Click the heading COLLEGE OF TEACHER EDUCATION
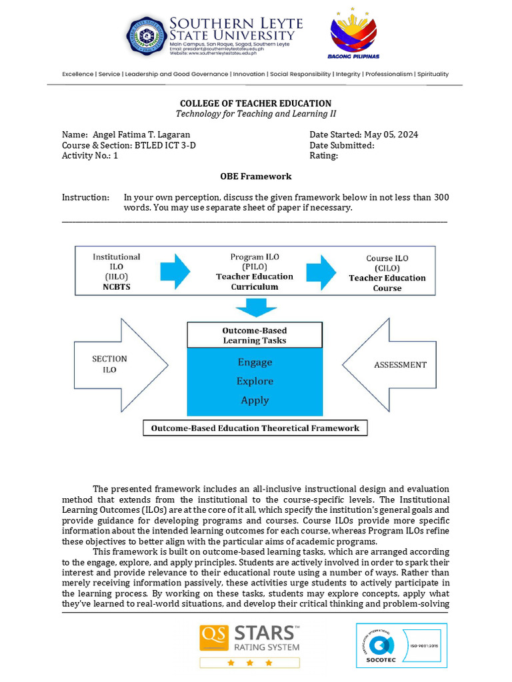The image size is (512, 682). click(x=255, y=103)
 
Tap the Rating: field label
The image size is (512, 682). click(x=323, y=156)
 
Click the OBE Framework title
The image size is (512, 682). click(x=255, y=176)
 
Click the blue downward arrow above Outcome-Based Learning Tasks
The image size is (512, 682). click(x=255, y=307)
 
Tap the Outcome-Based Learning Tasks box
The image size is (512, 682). click(x=255, y=335)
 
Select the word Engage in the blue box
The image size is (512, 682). click(x=255, y=362)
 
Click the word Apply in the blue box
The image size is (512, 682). click(x=255, y=400)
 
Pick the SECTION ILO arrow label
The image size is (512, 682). click(x=109, y=364)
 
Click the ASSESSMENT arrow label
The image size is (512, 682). click(x=400, y=365)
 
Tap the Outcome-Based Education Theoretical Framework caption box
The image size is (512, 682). click(x=255, y=428)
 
